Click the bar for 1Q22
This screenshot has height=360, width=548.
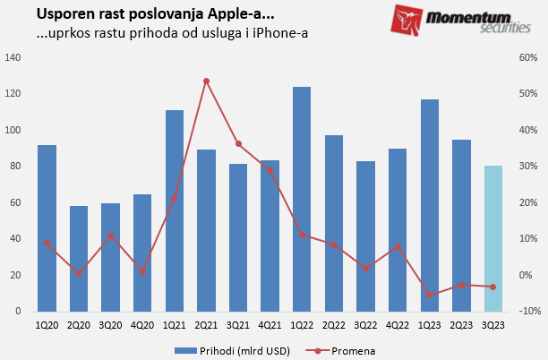(x=301, y=199)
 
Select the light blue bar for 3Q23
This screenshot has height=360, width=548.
(x=492, y=238)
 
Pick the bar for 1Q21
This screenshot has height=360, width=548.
(x=175, y=210)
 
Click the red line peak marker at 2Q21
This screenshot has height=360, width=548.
(x=206, y=81)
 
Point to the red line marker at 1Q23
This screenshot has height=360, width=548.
(x=429, y=295)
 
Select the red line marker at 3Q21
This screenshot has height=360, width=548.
(x=238, y=144)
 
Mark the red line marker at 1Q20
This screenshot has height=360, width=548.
(x=47, y=243)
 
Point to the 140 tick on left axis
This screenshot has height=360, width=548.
(x=13, y=58)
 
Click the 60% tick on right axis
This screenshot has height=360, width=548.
(x=527, y=58)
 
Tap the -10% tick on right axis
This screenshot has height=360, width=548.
(x=527, y=311)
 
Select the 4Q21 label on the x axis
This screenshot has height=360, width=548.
(x=270, y=325)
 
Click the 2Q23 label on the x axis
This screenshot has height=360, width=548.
(x=460, y=325)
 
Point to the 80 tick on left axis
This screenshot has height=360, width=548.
(x=15, y=167)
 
